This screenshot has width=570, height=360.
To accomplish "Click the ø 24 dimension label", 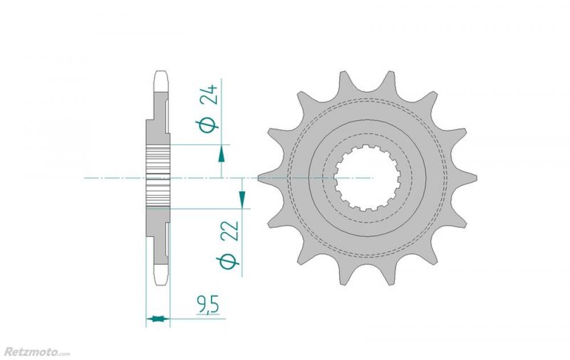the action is point(207,108).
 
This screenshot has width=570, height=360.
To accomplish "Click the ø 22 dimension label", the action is point(229,245).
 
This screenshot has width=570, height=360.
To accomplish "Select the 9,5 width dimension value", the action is point(207,305).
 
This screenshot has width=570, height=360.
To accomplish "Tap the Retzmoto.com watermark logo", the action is point(37,352).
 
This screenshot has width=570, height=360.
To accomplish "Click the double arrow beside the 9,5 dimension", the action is point(158,320).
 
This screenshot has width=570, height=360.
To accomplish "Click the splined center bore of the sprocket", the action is point(367,178).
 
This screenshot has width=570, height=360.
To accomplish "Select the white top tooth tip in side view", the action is point(161,81).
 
